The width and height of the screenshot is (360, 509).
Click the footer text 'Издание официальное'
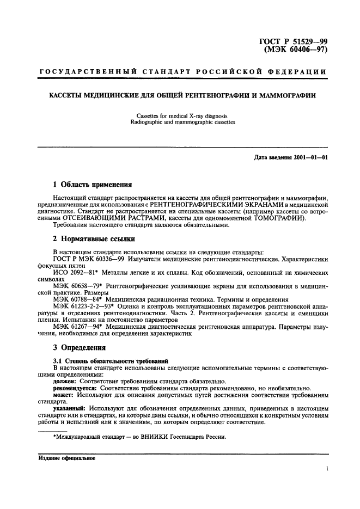(x=66, y=458)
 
